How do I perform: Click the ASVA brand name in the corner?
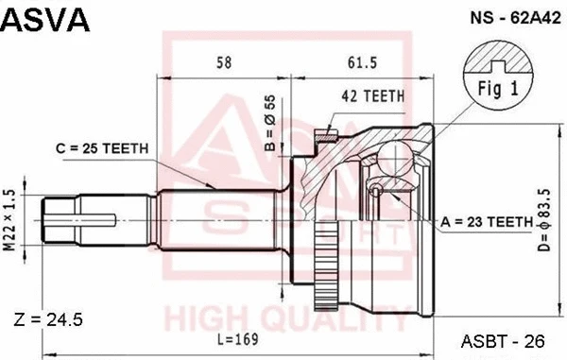tap(46, 20)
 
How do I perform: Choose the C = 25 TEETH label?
tap(94, 148)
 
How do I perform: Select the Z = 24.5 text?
tap(50, 319)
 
